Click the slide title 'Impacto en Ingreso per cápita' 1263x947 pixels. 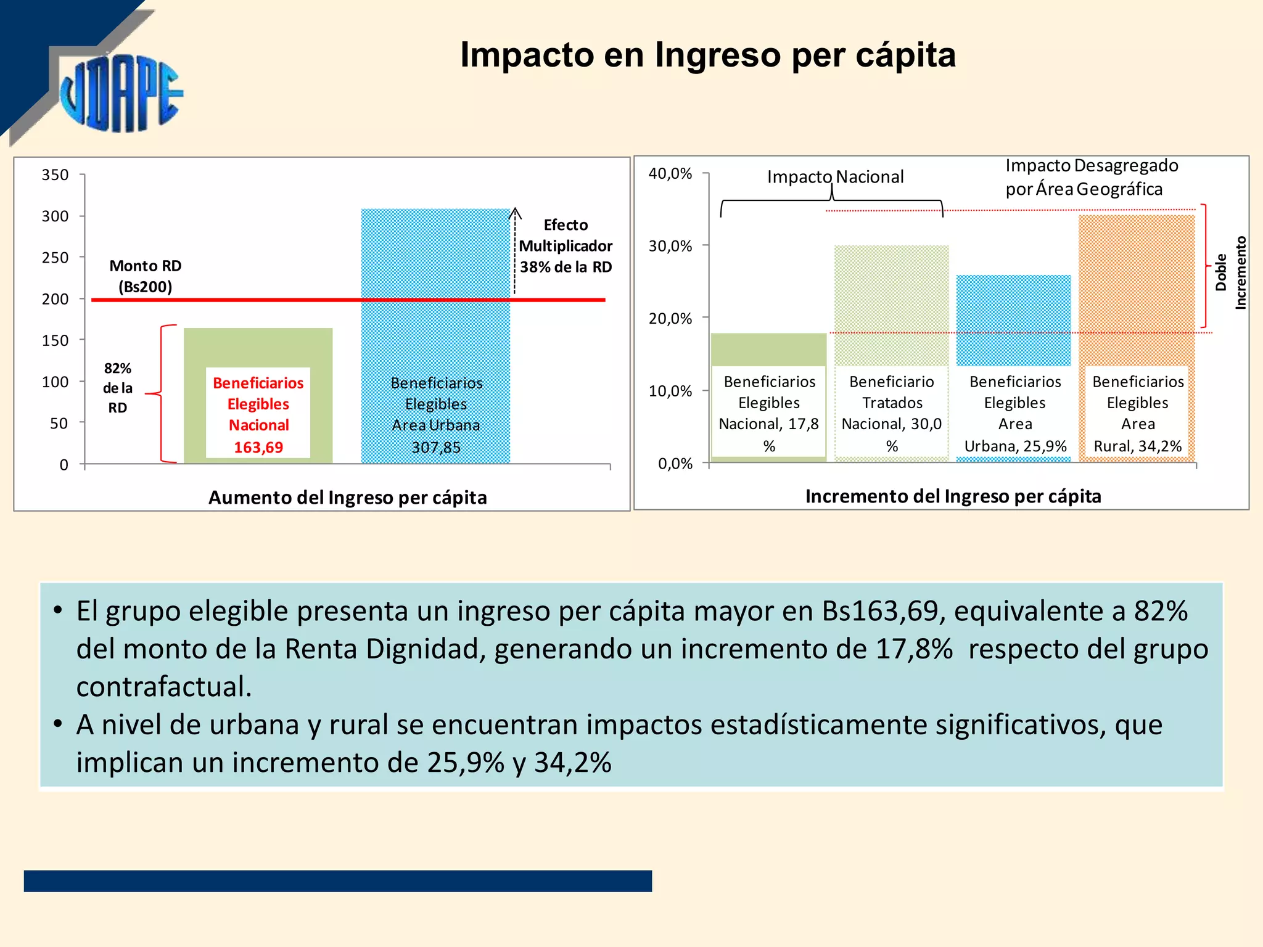coord(707,55)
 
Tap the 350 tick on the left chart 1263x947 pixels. coord(55,175)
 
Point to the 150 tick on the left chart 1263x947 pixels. coord(55,340)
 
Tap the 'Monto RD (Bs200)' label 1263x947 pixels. coord(146,276)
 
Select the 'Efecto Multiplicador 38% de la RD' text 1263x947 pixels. coord(566,246)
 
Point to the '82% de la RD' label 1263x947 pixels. coord(117,388)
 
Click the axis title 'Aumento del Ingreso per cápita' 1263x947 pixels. coord(347,498)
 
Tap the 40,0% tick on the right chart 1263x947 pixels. coord(670,174)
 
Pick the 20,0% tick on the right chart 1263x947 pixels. coord(670,319)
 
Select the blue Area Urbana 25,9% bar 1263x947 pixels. coord(1013,321)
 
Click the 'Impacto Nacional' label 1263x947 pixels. coord(835,177)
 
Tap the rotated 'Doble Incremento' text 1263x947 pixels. coord(1230,273)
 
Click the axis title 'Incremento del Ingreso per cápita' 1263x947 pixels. coord(953,496)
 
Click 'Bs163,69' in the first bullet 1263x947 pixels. coord(880,611)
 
